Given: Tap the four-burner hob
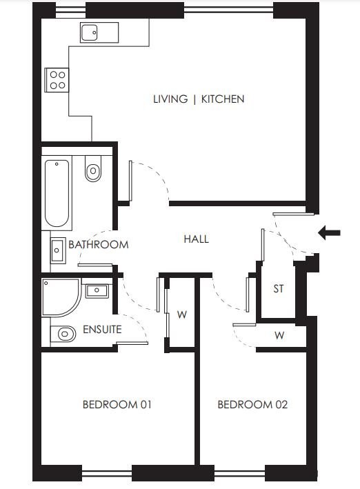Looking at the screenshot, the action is tap(57, 80).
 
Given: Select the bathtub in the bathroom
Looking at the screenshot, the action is tap(57, 193).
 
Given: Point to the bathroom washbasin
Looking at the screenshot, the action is tap(58, 250).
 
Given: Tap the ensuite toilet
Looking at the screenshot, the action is tap(63, 334).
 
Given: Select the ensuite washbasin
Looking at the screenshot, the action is tap(97, 291).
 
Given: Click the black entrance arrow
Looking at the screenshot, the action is tap(329, 232).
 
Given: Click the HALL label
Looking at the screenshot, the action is tap(197, 239).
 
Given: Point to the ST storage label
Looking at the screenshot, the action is tap(279, 289).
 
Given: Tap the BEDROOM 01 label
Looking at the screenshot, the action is tap(117, 404).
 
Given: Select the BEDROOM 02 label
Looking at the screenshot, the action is tap(252, 404).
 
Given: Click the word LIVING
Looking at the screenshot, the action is tap(170, 99).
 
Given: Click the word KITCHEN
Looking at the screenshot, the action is tap(223, 99).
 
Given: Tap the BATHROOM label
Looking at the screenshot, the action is tap(98, 244).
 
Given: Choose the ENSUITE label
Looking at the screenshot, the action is tap(102, 329).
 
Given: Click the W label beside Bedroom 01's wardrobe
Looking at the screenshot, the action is tap(182, 315).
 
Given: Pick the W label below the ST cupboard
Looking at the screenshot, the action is tap(279, 336).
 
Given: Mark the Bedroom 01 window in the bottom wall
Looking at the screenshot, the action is tap(107, 473).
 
